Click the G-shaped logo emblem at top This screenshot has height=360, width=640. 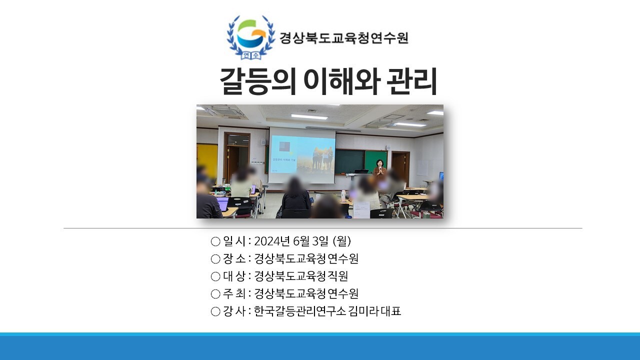click(251, 37)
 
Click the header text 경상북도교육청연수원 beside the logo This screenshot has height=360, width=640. click(343, 37)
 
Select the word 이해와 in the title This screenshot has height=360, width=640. click(341, 81)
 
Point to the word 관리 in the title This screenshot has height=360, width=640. click(411, 81)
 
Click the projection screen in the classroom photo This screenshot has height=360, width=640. click(301, 155)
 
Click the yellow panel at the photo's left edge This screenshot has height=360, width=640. click(207, 160)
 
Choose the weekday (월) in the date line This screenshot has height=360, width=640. click(342, 241)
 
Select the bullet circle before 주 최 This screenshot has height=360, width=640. click(215, 294)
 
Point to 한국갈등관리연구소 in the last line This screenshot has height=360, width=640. click(300, 311)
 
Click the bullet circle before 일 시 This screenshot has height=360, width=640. click(215, 241)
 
